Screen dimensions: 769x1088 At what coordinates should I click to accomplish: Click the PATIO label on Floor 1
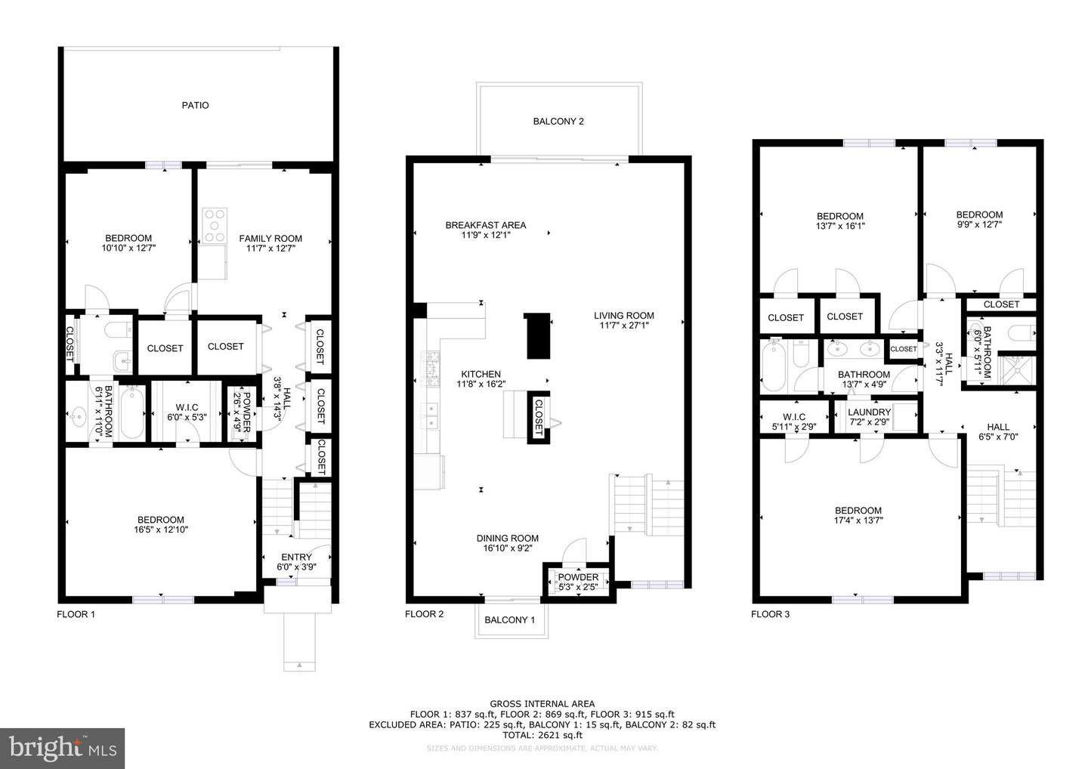click(x=195, y=106)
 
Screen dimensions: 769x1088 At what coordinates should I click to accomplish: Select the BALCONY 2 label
click(x=558, y=122)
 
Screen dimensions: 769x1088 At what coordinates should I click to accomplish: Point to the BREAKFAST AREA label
click(x=485, y=225)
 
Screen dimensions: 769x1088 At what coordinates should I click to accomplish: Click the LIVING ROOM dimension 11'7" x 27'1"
click(x=623, y=326)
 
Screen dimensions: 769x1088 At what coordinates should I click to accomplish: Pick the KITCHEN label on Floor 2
click(x=481, y=374)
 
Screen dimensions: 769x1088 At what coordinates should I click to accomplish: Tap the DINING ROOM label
click(x=507, y=539)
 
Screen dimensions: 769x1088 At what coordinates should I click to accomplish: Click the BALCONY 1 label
click(x=509, y=620)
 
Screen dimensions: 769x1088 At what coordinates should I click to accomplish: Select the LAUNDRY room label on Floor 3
click(x=869, y=412)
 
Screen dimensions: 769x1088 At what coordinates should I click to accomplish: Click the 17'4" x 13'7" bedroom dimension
click(x=858, y=520)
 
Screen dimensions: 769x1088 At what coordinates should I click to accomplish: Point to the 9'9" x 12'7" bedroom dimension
click(x=979, y=224)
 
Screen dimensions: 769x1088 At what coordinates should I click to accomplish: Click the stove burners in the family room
click(x=215, y=224)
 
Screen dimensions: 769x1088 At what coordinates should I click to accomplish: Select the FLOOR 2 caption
click(x=424, y=614)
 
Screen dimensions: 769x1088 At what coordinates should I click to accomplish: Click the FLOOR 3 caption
click(x=770, y=614)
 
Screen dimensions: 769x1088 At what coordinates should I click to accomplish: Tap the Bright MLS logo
click(x=63, y=749)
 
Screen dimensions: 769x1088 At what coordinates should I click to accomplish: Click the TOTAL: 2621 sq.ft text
click(x=542, y=735)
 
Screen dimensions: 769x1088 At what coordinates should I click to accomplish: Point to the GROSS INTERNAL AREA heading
click(x=542, y=704)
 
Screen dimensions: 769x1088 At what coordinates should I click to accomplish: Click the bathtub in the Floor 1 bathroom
click(x=133, y=414)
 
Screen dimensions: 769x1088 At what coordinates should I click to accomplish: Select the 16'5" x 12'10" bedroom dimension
click(x=161, y=530)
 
